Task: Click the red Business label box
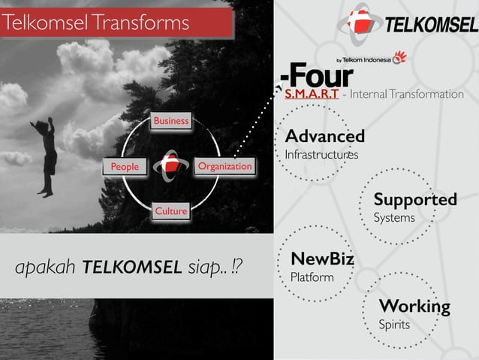pos(170,121)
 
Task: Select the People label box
pos(125,166)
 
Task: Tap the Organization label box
pos(224,166)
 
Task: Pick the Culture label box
pos(170,211)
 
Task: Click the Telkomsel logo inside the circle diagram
pos(171,165)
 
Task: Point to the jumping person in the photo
pos(46,154)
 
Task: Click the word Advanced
pos(324,137)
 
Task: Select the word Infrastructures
pos(321,155)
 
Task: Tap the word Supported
pos(415,200)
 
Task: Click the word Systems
pos(394,218)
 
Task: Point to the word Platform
pos(312,278)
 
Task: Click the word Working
pos(414,307)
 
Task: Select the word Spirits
pos(395,325)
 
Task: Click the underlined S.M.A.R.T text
pos(311,95)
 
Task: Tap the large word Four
pos(320,76)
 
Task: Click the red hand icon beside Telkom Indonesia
pos(399,58)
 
